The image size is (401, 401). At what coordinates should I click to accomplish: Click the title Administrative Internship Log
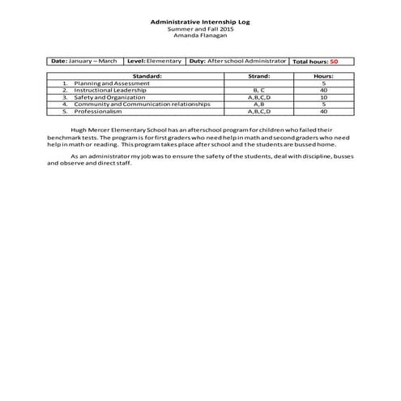click(x=200, y=22)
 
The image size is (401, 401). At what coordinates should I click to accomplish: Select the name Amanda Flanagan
click(x=200, y=36)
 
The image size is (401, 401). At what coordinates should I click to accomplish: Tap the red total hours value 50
click(x=334, y=62)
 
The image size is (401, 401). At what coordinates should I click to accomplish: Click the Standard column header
click(x=147, y=76)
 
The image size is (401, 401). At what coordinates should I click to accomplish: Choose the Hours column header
click(x=323, y=76)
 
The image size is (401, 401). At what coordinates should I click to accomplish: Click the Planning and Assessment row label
click(x=111, y=83)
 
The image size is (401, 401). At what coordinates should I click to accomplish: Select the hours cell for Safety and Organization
click(x=323, y=97)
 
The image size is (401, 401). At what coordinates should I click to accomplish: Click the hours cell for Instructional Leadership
click(x=323, y=90)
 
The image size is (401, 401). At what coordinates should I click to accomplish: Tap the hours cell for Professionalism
click(x=323, y=111)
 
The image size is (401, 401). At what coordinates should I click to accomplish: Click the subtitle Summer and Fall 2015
click(x=200, y=29)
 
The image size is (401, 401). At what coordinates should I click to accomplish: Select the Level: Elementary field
click(x=153, y=61)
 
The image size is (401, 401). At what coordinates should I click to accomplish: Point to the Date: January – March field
click(x=84, y=61)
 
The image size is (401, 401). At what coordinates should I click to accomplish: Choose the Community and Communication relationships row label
click(x=142, y=104)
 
